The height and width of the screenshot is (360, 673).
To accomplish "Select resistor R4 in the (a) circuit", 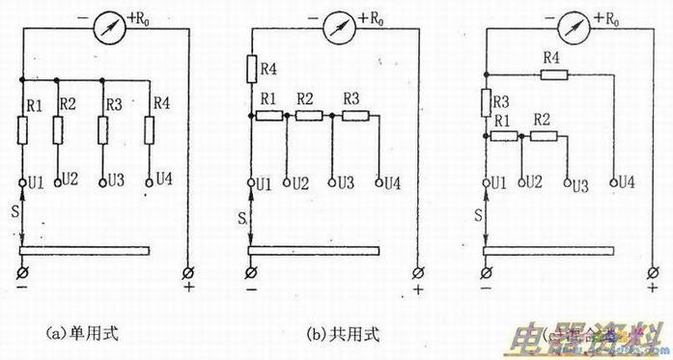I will pos(149,129).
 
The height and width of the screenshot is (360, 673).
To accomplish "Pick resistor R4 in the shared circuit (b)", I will pos(252,69).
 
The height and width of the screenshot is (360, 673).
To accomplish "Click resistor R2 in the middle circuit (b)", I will pos(308,116).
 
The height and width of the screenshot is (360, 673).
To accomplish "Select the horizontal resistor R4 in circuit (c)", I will pos(551,72).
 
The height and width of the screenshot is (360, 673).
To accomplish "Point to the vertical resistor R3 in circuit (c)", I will pos(485,101).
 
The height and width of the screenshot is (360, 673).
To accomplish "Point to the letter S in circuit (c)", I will pos(480,212).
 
